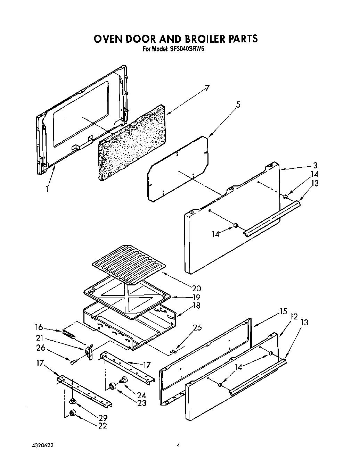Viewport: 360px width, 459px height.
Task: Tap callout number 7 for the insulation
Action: click(x=207, y=88)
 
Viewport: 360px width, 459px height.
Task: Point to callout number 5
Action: click(x=238, y=105)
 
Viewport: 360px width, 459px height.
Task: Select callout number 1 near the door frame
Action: click(x=47, y=189)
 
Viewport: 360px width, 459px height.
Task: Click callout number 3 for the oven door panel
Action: click(x=315, y=165)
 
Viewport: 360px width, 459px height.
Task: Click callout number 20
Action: click(x=196, y=288)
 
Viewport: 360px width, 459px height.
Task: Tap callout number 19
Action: click(x=196, y=297)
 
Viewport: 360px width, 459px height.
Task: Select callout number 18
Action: click(x=196, y=306)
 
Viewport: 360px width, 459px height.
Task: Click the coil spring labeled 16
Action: click(x=69, y=335)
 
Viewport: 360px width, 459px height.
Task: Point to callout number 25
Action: click(x=197, y=327)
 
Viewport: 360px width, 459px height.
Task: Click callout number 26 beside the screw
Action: click(x=40, y=347)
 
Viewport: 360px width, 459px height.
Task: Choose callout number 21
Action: click(x=40, y=337)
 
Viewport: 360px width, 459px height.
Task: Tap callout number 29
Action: click(x=103, y=418)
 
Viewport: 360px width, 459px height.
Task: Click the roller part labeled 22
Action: click(x=73, y=413)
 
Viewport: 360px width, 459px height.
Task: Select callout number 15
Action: click(x=284, y=311)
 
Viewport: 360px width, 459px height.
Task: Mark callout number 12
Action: click(x=294, y=316)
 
